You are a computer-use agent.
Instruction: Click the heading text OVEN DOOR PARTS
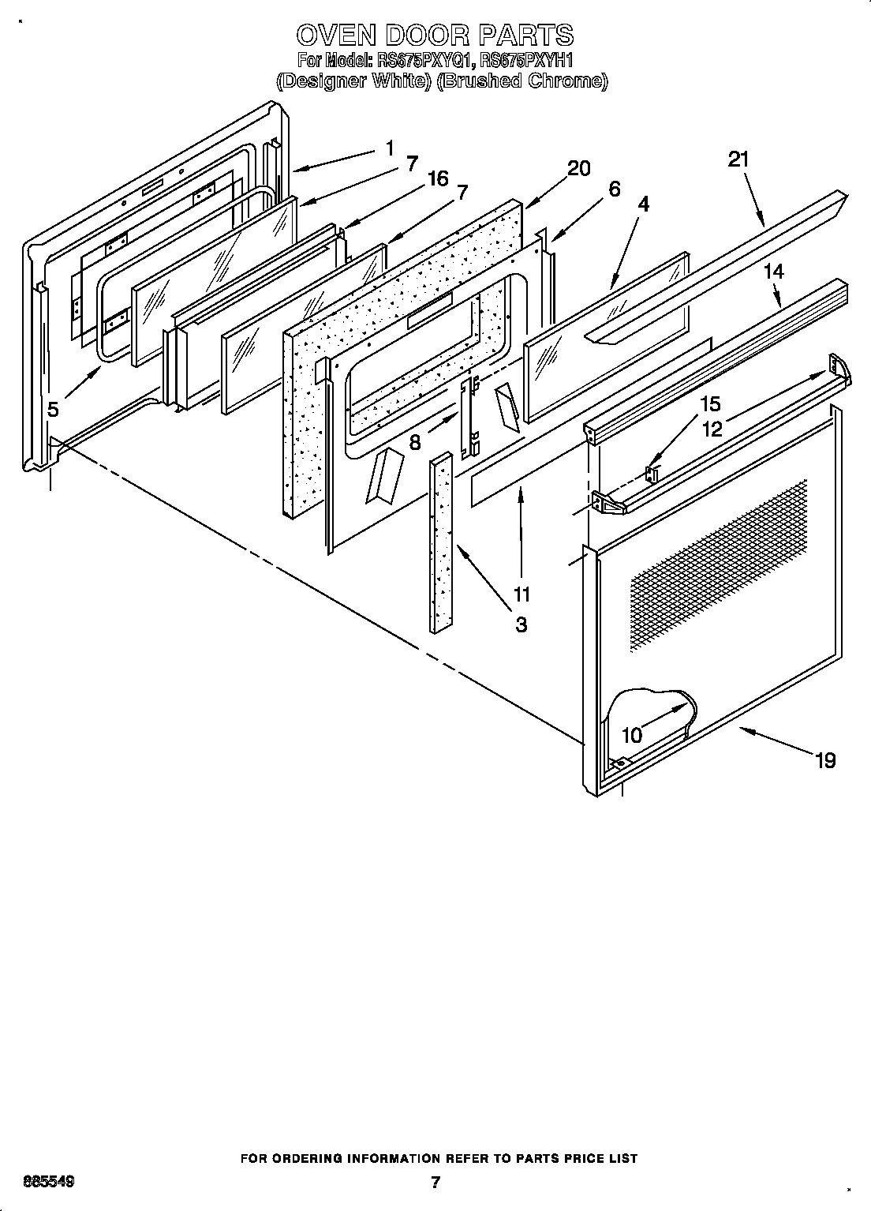click(x=435, y=36)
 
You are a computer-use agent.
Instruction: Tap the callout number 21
click(x=738, y=159)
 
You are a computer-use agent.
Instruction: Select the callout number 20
click(x=578, y=168)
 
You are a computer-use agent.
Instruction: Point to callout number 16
click(x=438, y=179)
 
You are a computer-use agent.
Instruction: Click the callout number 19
click(x=824, y=760)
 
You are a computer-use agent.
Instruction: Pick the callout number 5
click(x=53, y=410)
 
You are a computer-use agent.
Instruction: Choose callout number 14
click(x=774, y=272)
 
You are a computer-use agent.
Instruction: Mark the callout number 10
click(x=632, y=735)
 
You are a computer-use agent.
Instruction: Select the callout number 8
click(x=415, y=442)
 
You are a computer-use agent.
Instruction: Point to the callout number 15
click(x=710, y=404)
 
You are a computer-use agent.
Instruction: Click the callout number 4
click(x=644, y=204)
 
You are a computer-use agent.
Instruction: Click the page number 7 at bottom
click(x=435, y=1182)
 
